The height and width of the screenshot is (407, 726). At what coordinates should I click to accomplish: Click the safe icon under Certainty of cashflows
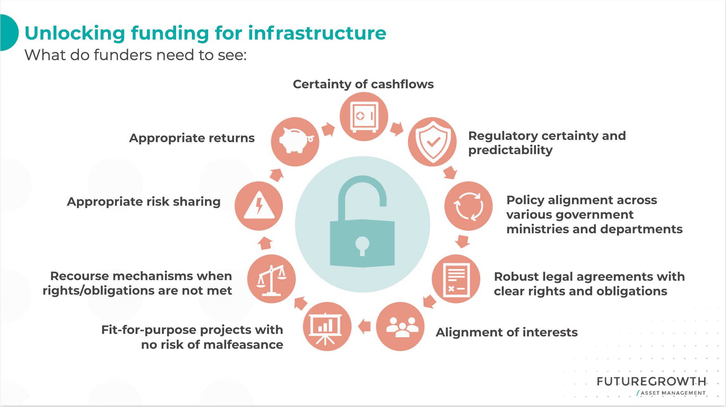[x=364, y=116]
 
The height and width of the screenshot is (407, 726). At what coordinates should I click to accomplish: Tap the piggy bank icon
[x=295, y=141]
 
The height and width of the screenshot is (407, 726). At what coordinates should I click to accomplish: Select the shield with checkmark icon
[x=432, y=142]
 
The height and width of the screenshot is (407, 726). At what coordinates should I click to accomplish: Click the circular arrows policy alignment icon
[x=468, y=206]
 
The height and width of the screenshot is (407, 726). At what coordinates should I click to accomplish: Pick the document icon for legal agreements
[x=456, y=279]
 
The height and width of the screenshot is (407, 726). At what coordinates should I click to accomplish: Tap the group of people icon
[x=400, y=327]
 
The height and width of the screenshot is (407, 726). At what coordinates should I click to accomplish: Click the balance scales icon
[x=271, y=279]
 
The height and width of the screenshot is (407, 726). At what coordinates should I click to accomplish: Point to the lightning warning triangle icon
[x=259, y=206]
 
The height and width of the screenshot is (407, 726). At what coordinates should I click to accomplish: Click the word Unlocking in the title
[x=75, y=33]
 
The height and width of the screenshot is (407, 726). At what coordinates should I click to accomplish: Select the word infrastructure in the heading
[x=317, y=33]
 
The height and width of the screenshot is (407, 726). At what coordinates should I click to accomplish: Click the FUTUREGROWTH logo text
[x=651, y=382]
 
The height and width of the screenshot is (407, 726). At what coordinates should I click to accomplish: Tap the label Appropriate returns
[x=192, y=138]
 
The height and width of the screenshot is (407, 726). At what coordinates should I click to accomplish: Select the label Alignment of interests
[x=506, y=332]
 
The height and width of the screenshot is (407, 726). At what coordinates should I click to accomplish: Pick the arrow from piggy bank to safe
[x=328, y=129]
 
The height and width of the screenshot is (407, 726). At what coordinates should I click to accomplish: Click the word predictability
[x=510, y=150]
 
